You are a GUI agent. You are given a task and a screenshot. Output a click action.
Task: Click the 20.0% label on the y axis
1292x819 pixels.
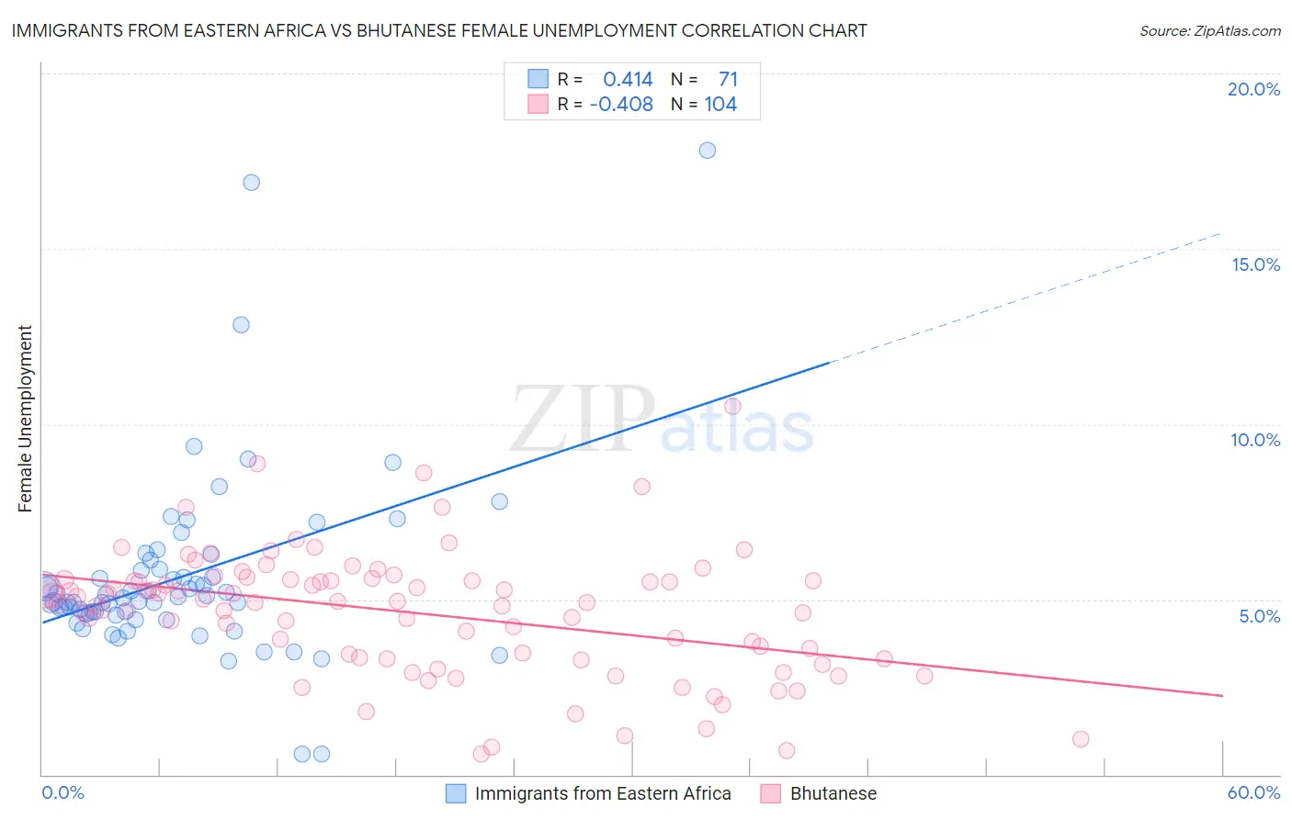[1253, 89]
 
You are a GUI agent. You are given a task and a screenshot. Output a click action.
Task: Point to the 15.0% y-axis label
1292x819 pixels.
[1255, 264]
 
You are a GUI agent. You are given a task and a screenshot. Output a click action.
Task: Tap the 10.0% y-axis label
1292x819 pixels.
[1255, 440]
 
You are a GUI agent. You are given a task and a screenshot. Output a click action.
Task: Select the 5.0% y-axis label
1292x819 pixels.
[1259, 616]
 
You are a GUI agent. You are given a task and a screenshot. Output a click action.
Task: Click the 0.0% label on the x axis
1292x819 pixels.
[62, 792]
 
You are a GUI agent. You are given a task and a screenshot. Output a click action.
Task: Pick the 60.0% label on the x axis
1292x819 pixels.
[1253, 792]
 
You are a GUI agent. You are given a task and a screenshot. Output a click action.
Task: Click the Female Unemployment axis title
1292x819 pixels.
[25, 419]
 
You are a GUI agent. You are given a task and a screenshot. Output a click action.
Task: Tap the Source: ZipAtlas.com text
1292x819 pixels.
[1209, 30]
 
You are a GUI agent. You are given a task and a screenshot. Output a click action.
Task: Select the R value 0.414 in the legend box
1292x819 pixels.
[628, 79]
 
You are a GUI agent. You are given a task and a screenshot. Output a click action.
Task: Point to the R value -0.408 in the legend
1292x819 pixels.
[621, 104]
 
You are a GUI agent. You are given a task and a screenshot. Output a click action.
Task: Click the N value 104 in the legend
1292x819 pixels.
[720, 104]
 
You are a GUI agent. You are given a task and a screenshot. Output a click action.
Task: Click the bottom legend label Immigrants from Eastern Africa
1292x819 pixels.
[603, 793]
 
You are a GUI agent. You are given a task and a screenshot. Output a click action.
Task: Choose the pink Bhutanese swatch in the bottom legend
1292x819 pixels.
[770, 793]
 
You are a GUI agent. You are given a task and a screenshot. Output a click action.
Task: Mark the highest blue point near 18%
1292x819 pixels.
[708, 151]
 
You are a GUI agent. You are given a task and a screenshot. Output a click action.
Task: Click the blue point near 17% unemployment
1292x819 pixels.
[251, 183]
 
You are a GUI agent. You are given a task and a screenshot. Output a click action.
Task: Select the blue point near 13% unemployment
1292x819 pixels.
[241, 325]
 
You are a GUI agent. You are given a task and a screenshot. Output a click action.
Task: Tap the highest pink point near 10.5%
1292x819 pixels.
[732, 406]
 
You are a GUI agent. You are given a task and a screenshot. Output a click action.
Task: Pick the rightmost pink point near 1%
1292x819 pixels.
[1081, 739]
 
